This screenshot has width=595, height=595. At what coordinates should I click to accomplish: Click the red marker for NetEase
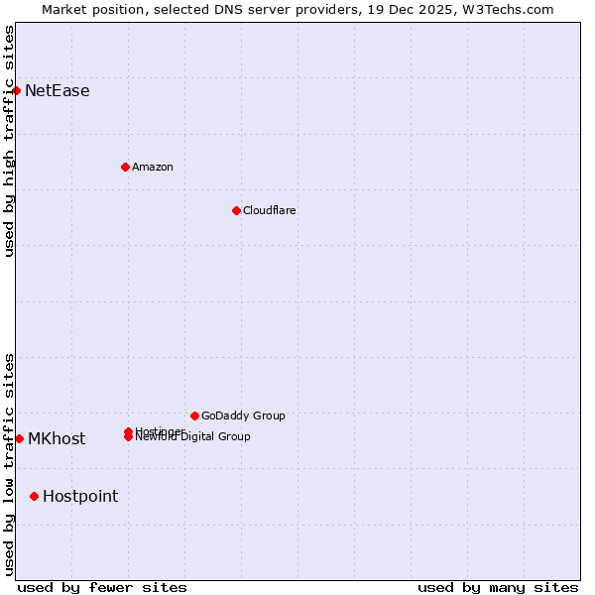click(x=16, y=90)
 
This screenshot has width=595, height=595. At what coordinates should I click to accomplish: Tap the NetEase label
click(x=57, y=91)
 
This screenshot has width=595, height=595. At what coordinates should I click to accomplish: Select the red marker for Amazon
click(x=125, y=167)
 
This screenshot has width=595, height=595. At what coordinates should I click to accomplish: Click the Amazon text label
click(x=152, y=167)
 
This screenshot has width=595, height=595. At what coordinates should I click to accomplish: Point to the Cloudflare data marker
click(x=236, y=210)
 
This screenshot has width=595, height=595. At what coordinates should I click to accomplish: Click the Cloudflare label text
click(x=269, y=210)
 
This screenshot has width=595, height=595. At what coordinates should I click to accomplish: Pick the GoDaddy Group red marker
click(x=194, y=416)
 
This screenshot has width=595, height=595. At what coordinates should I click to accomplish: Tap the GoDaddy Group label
click(x=243, y=416)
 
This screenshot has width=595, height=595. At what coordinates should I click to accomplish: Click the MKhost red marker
click(x=19, y=438)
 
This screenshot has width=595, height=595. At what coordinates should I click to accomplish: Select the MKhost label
click(x=56, y=439)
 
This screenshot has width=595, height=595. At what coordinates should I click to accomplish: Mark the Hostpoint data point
click(x=34, y=496)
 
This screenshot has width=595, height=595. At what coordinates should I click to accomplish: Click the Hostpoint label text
click(x=79, y=497)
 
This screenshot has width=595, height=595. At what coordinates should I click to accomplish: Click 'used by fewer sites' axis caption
click(x=102, y=587)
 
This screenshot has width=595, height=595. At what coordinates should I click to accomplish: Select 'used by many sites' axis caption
click(x=498, y=587)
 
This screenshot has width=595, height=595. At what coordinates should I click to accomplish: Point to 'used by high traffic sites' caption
click(x=9, y=141)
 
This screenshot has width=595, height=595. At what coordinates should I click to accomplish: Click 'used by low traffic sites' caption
click(x=9, y=463)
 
